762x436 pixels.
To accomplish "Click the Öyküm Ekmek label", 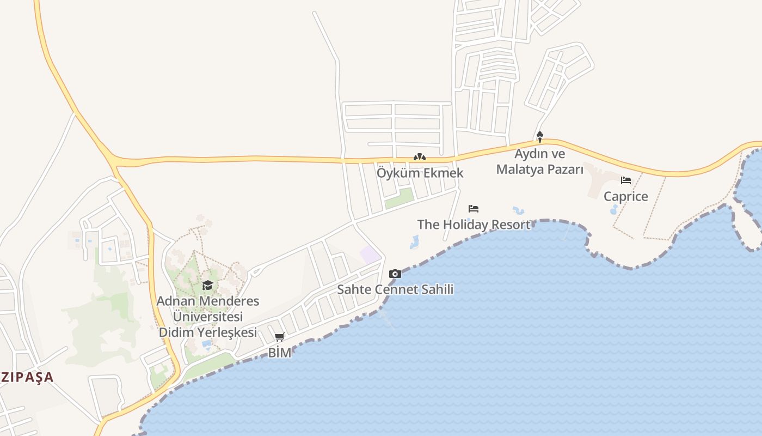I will click(420, 173).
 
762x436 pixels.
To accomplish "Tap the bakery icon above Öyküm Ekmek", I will click(419, 157).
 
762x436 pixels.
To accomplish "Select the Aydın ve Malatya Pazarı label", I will click(539, 161).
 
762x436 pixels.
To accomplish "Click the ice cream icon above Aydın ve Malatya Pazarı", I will click(539, 137).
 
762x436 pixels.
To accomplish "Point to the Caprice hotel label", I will click(625, 196).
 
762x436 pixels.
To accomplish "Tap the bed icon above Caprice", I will click(626, 180).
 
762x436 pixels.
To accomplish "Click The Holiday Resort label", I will click(473, 224).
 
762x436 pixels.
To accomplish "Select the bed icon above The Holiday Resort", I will click(474, 208).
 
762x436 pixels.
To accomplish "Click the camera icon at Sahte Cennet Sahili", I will click(395, 274).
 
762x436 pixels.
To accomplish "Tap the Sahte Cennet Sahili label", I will click(395, 289).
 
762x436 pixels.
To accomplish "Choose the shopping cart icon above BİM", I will click(279, 337).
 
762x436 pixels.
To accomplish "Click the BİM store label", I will click(279, 353).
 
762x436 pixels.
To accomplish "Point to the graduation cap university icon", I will click(207, 285).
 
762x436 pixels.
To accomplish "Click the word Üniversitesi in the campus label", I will click(207, 317).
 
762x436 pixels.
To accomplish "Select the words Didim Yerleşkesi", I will click(207, 332).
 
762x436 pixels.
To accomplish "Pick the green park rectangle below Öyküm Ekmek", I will click(399, 197).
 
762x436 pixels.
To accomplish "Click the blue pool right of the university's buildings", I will click(207, 344).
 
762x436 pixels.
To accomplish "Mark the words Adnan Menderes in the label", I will click(207, 301).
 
